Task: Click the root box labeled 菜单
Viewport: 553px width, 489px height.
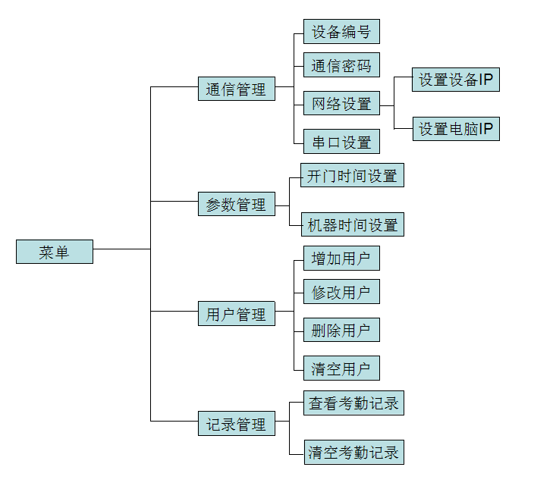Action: coord(55,252)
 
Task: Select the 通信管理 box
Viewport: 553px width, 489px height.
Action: coord(236,89)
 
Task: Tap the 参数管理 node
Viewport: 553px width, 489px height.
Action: coord(236,204)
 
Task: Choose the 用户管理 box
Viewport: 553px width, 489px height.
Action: coord(236,314)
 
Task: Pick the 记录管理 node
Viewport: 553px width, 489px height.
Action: coord(236,425)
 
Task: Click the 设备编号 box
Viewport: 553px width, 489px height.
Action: coord(341,32)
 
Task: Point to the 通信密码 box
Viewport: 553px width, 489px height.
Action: coord(341,66)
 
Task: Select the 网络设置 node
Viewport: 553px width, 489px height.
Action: coord(341,104)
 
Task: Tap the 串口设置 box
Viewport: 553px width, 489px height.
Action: coord(341,142)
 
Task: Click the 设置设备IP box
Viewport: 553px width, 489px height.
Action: coord(456,80)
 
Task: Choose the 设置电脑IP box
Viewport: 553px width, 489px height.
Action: coord(456,129)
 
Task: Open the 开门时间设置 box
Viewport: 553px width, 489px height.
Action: coord(352,176)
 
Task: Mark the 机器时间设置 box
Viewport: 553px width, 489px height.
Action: coord(352,225)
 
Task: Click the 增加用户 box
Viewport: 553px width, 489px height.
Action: coord(341,259)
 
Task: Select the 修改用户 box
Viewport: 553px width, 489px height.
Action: coord(341,292)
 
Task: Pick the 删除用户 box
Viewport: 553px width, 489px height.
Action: coord(341,330)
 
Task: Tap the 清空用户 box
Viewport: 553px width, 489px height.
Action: coord(341,368)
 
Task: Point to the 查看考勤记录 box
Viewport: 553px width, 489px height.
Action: coord(353,403)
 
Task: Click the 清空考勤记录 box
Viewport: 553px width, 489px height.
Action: coord(353,453)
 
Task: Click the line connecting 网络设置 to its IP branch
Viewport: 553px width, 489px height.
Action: coord(387,105)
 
